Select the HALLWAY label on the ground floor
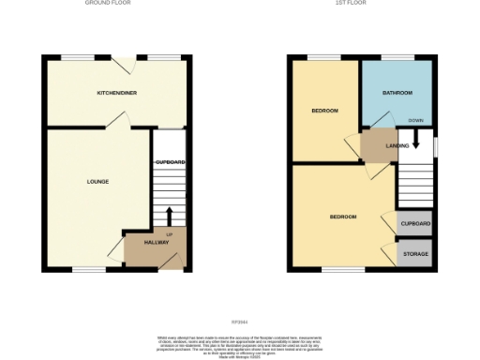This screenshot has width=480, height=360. pos(156,243)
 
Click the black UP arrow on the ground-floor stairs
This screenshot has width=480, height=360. pos(170,216)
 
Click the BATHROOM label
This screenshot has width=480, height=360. pos(397,94)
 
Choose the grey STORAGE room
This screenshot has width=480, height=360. pos(415,254)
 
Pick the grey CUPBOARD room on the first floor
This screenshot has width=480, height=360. pos(415,224)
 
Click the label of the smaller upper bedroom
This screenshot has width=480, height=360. pos(325,112)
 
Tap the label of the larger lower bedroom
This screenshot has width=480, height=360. pos(343,217)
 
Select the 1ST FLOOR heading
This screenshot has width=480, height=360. pos(360,4)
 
